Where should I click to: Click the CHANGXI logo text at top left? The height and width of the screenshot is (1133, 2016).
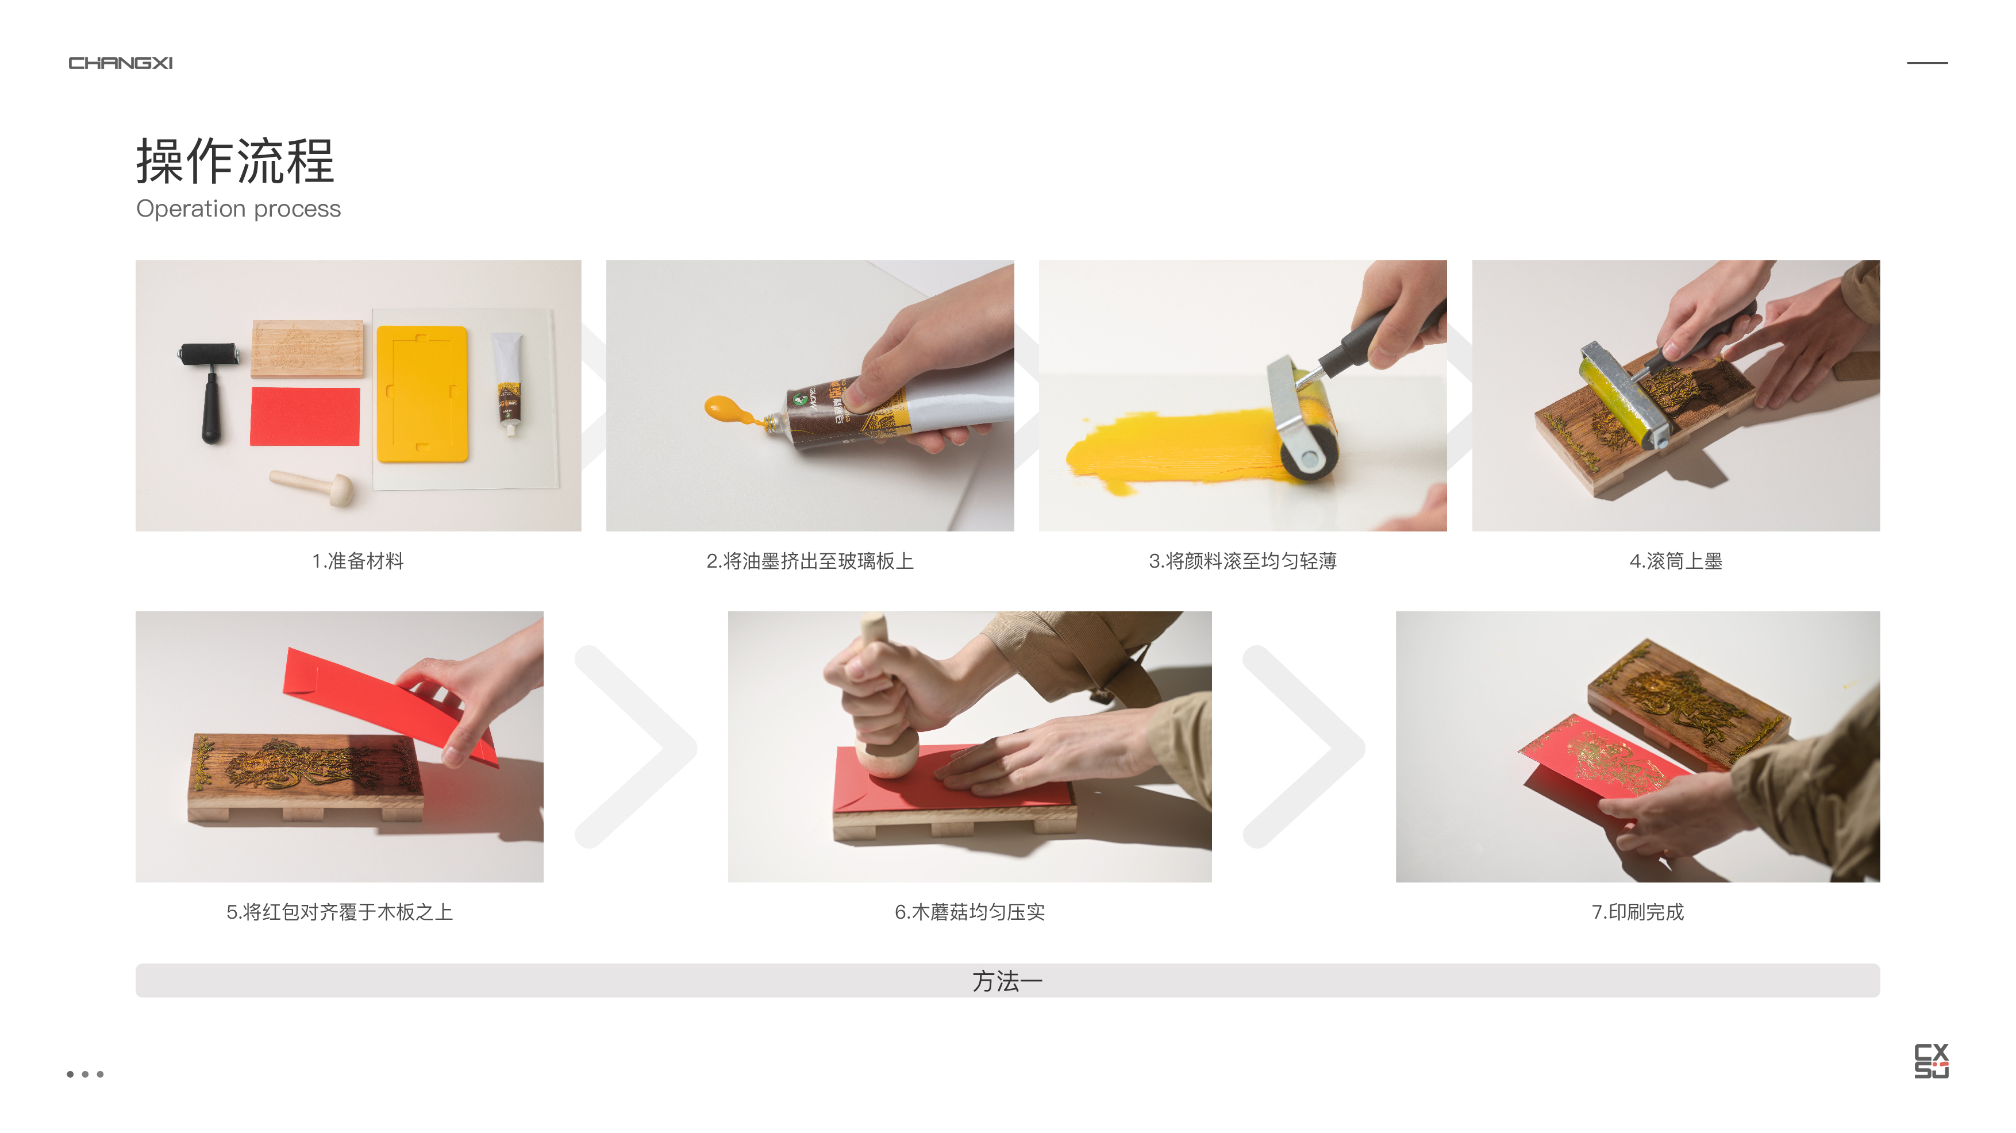pyautogui.click(x=121, y=63)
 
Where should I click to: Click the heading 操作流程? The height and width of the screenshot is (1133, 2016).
pyautogui.click(x=235, y=161)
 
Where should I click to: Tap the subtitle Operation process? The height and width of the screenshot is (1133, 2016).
pyautogui.click(x=238, y=209)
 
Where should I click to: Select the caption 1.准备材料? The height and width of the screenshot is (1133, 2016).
pyautogui.click(x=357, y=561)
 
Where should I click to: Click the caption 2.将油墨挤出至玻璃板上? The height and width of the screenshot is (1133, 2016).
pyautogui.click(x=810, y=561)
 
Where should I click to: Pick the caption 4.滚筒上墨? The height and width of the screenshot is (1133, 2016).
pyautogui.click(x=1676, y=561)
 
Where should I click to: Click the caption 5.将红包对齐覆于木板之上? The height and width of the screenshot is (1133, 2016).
pyautogui.click(x=339, y=912)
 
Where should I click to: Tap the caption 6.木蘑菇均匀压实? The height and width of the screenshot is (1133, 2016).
pyautogui.click(x=969, y=912)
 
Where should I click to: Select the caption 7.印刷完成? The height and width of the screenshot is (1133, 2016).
pyautogui.click(x=1637, y=912)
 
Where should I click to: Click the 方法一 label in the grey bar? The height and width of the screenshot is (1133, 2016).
pyautogui.click(x=1007, y=981)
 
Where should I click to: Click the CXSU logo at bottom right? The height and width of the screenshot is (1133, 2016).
pyautogui.click(x=1931, y=1061)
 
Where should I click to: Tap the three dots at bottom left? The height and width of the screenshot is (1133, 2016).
pyautogui.click(x=84, y=1074)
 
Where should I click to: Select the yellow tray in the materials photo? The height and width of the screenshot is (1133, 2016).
pyautogui.click(x=422, y=394)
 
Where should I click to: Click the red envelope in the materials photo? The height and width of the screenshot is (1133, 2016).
pyautogui.click(x=305, y=417)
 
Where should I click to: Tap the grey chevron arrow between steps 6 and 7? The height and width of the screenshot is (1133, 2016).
pyautogui.click(x=1303, y=746)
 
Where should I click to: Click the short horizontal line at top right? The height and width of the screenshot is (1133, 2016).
pyautogui.click(x=1927, y=63)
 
